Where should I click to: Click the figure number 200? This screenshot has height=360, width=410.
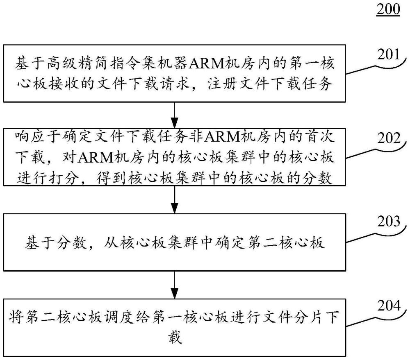click(388, 9)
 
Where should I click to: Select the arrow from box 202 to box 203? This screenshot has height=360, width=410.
click(175, 199)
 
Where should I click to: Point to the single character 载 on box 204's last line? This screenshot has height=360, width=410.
click(175, 339)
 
